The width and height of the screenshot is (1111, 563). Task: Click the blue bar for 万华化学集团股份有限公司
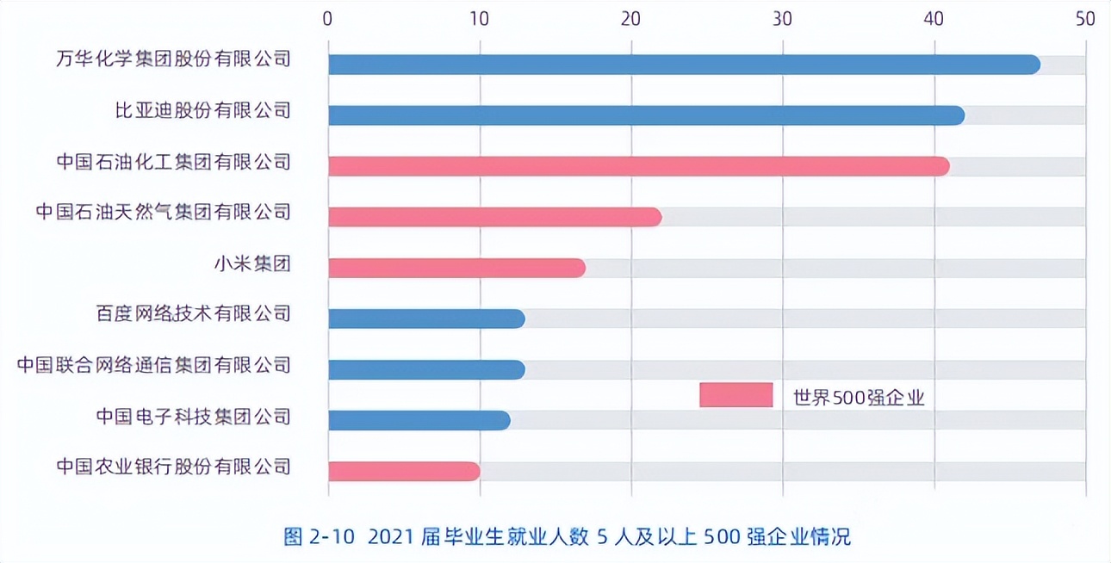pyautogui.click(x=684, y=65)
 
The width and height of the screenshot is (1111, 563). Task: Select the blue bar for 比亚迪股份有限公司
pyautogui.click(x=646, y=115)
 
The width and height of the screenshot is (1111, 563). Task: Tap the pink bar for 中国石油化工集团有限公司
pyautogui.click(x=638, y=166)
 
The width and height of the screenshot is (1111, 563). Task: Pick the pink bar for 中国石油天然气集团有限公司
pyautogui.click(x=494, y=217)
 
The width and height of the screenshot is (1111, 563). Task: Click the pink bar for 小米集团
pyautogui.click(x=456, y=268)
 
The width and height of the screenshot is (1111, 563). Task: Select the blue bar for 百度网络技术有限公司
pyautogui.click(x=426, y=319)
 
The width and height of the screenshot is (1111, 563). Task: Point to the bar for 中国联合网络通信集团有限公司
pyautogui.click(x=426, y=369)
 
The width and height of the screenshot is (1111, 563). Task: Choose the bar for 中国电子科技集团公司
pyautogui.click(x=419, y=420)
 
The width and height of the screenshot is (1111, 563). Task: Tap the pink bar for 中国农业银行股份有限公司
pyautogui.click(x=404, y=471)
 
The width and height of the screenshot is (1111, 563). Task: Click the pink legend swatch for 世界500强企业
pyautogui.click(x=735, y=395)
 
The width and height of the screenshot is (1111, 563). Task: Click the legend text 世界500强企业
pyautogui.click(x=858, y=397)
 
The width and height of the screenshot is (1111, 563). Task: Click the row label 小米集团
pyautogui.click(x=251, y=263)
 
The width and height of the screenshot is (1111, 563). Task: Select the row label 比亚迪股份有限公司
pyautogui.click(x=202, y=110)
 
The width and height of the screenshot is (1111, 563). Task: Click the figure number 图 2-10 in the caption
pyautogui.click(x=320, y=537)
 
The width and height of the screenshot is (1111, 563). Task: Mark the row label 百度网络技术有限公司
pyautogui.click(x=193, y=313)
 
